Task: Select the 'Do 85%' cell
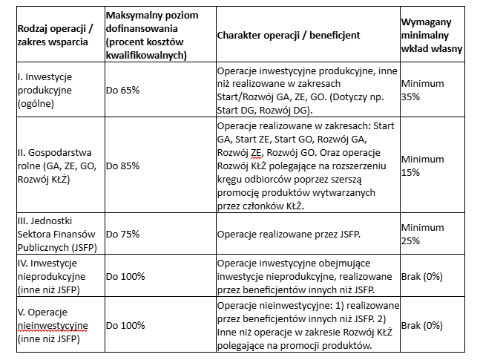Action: click(x=122, y=166)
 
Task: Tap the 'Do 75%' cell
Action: click(x=122, y=235)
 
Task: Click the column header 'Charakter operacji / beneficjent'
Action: click(x=289, y=35)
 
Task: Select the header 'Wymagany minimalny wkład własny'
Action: click(x=433, y=35)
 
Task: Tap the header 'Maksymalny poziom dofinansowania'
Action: click(x=154, y=35)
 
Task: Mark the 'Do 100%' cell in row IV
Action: click(x=125, y=276)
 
